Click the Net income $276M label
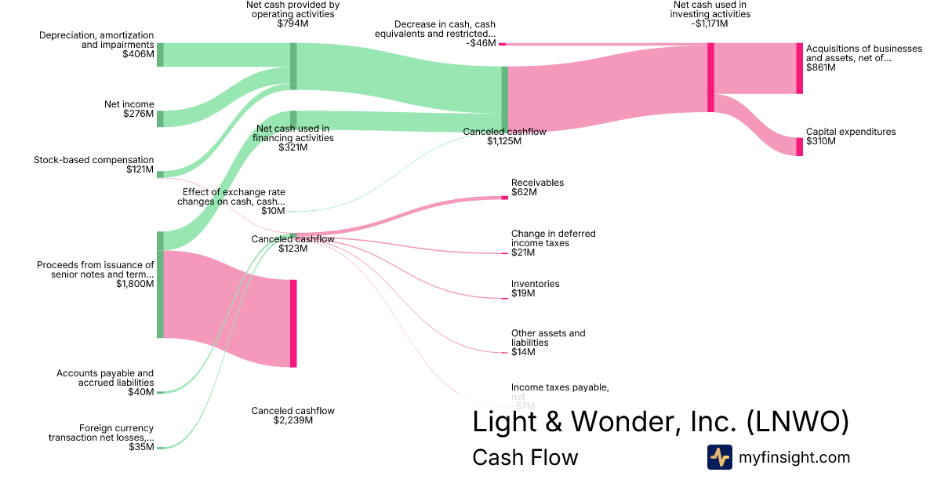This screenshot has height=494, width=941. point(129,109)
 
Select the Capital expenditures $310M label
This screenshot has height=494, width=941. point(850,136)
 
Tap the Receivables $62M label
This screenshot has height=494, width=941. point(537,187)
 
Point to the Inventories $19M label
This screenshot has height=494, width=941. point(535,289)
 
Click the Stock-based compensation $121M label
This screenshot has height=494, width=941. point(94,165)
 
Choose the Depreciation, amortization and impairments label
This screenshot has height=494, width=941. point(96,45)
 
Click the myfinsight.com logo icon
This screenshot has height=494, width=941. point(719,457)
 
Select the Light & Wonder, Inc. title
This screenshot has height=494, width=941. point(660,422)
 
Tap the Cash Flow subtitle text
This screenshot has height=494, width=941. point(525,457)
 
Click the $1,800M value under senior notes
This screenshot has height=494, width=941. point(135,284)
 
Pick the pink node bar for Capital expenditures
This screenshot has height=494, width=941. point(800,147)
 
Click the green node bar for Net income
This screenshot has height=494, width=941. point(160,118)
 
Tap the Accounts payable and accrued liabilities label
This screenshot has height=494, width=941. point(105,383)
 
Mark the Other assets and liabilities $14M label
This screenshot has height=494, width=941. point(547,343)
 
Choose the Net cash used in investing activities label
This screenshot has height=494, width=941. point(710,14)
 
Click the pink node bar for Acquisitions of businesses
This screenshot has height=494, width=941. point(800,68)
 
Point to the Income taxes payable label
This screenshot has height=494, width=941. point(559,392)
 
